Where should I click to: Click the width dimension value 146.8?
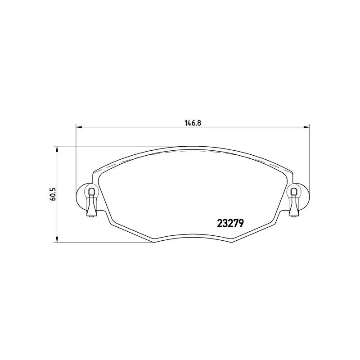(193, 123)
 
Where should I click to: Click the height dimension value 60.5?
(52, 194)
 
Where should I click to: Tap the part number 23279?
(230, 223)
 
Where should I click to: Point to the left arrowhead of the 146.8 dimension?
(79, 127)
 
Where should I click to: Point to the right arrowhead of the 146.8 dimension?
(306, 127)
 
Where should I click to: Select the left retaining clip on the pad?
(92, 202)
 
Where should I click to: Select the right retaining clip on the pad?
(294, 202)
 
